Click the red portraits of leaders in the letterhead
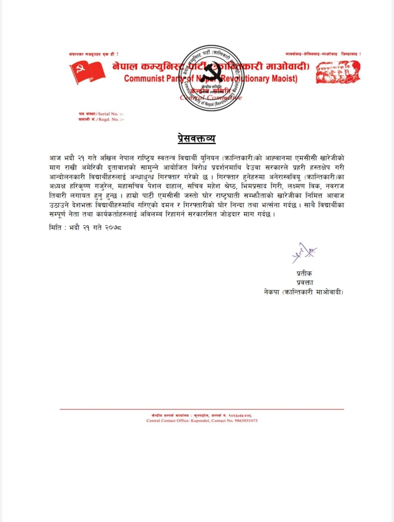pos(338,72)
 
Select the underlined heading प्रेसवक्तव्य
pos(197,138)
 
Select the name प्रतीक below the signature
pos(304,273)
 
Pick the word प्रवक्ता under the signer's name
pos(305,282)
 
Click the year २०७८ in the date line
pos(113,228)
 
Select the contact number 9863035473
pos(246,420)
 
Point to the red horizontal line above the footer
pos(202,409)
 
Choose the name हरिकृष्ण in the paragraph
pos(81,186)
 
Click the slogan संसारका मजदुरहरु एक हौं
pos(93,54)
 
